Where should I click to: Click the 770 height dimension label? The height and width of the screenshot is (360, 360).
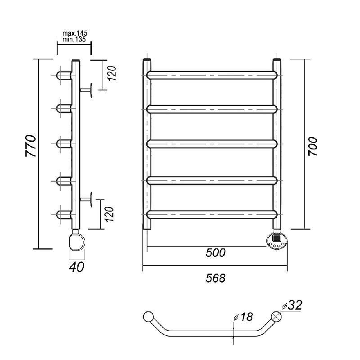(31, 146)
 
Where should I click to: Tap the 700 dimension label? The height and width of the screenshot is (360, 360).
(312, 147)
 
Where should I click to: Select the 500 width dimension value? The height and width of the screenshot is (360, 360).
(216, 253)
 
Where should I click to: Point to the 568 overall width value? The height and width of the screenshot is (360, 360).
(216, 278)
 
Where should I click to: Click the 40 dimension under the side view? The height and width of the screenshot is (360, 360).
(76, 267)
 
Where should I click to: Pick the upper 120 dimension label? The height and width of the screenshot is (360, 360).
(112, 73)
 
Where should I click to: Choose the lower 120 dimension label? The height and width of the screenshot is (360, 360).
(110, 214)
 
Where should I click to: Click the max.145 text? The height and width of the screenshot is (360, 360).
(75, 33)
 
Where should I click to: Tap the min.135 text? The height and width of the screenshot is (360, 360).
(74, 39)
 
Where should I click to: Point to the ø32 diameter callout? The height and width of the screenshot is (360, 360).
(292, 305)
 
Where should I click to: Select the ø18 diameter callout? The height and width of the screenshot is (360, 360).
(243, 317)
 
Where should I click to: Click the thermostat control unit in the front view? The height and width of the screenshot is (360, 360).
(277, 240)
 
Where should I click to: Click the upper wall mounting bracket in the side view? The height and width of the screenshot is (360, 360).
(86, 90)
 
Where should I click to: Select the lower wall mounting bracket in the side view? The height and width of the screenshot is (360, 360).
(86, 199)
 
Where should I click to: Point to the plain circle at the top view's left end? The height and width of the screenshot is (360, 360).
(148, 317)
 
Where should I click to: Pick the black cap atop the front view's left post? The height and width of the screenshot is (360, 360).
(147, 60)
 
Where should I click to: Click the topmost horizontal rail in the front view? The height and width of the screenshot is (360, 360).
(212, 75)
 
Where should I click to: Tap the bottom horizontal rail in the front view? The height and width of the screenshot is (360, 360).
(212, 214)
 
